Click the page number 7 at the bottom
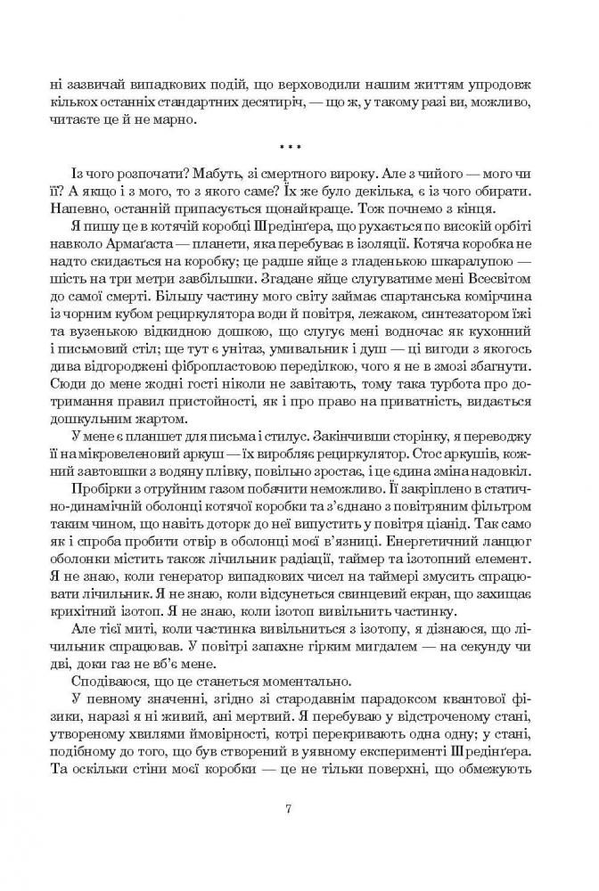click(299, 809)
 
